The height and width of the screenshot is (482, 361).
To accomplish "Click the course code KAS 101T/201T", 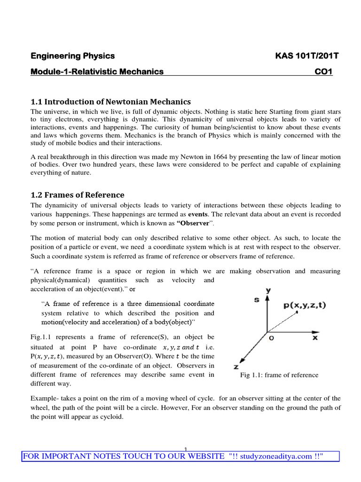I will pyautogui.click(x=306, y=56).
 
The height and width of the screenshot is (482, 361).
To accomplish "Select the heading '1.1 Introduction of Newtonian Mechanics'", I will pyautogui.click(x=110, y=102).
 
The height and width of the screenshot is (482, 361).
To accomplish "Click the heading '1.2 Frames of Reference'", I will pyautogui.click(x=78, y=195).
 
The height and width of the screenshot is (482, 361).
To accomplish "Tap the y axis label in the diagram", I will pyautogui.click(x=268, y=290).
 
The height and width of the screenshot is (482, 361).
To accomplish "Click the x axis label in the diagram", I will pyautogui.click(x=315, y=337).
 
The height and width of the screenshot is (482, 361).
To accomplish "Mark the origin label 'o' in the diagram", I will pyautogui.click(x=271, y=337).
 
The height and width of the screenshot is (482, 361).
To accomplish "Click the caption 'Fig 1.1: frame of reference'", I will pyautogui.click(x=279, y=375).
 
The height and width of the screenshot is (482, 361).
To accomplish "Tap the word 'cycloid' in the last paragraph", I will pyautogui.click(x=109, y=417).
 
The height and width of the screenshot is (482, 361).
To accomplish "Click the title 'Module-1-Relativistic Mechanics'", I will pyautogui.click(x=97, y=72).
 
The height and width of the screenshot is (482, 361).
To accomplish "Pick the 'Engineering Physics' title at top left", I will pyautogui.click(x=73, y=56).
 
